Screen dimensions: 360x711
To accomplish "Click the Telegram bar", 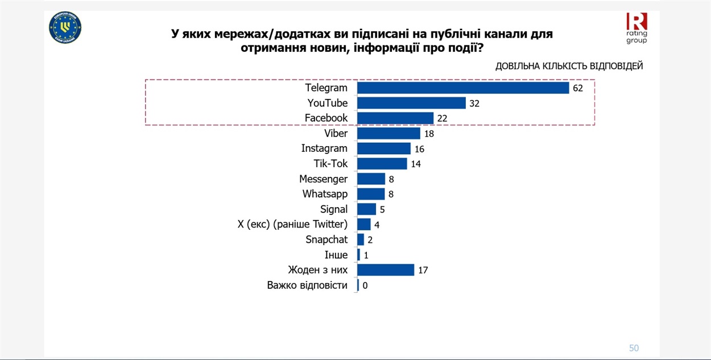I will point(463,88).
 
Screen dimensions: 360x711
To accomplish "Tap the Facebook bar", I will point(395,118).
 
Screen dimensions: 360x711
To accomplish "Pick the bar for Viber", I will point(388,133).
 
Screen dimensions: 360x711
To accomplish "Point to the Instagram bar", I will point(384,148).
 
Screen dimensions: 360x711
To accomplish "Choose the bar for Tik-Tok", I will point(382,164).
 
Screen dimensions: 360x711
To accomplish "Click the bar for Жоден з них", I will point(386,270).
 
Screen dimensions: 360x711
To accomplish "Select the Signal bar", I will point(367,209).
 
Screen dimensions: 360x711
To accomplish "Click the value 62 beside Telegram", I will point(578,88).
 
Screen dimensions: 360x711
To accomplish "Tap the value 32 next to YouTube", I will point(475,104).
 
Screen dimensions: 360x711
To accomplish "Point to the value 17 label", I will point(423,270).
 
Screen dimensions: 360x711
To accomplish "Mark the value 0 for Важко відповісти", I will point(365,285).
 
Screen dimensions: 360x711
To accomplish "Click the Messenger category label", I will point(323,179).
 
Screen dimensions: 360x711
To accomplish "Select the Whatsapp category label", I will point(325,194).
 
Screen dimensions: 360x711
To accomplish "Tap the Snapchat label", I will point(326,239).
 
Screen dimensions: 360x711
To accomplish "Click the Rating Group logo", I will point(636,28).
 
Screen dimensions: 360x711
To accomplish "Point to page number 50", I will point(634,348).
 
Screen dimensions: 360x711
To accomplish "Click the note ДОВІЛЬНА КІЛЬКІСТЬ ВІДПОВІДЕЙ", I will point(569,66).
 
